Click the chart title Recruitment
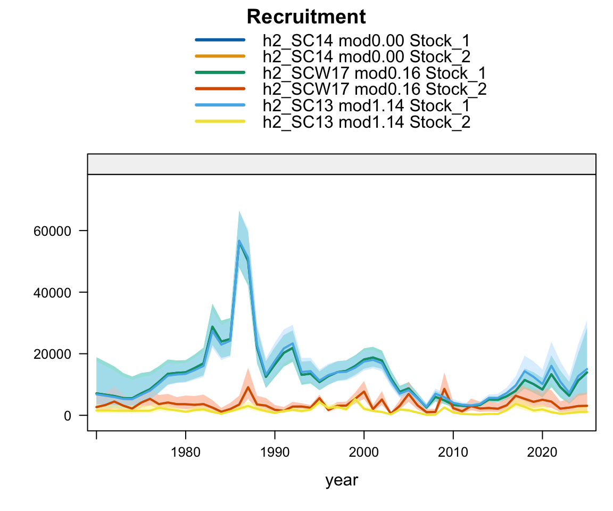(x=306, y=17)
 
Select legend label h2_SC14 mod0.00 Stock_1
(x=366, y=40)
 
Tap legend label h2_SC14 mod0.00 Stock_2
(x=366, y=57)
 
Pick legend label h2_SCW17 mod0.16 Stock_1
(x=374, y=73)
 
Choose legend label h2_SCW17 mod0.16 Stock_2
(x=374, y=89)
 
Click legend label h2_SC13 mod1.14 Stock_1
(x=366, y=105)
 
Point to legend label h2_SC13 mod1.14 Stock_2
(x=366, y=122)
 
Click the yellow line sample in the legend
(x=220, y=121)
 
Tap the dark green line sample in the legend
(x=220, y=73)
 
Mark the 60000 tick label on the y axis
(x=52, y=231)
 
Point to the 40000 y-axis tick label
(x=52, y=292)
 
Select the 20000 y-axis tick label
(x=52, y=354)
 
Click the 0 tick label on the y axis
(x=68, y=416)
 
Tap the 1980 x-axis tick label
(x=185, y=452)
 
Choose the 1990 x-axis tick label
(x=275, y=452)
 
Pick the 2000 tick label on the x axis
(x=364, y=452)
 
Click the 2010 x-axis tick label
(x=453, y=452)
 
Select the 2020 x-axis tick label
(x=542, y=452)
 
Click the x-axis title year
(x=342, y=481)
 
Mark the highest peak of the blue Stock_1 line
(x=239, y=241)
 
